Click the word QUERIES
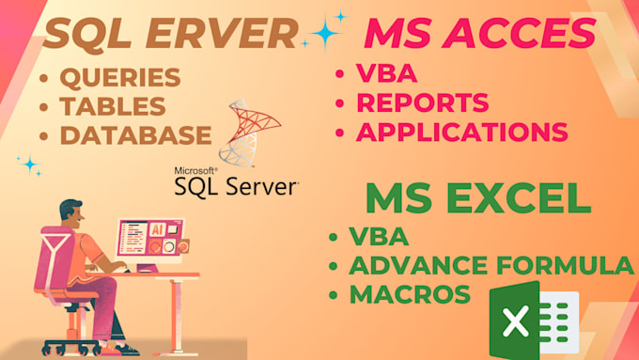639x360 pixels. point(119,78)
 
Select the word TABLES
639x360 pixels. point(112,105)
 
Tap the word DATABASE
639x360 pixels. point(135,134)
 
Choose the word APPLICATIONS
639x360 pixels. point(461,132)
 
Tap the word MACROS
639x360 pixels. point(409,294)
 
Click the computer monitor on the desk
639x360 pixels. point(149,241)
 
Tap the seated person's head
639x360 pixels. point(74,211)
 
